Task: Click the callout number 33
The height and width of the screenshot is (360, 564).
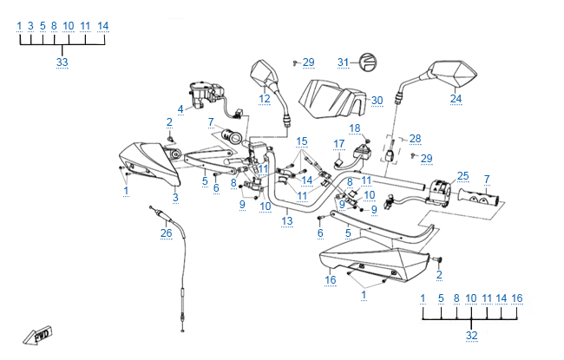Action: (62, 62)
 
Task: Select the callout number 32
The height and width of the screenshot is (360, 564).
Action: (471, 335)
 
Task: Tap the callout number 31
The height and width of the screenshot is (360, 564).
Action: (343, 62)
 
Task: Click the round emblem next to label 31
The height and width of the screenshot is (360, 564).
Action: (367, 62)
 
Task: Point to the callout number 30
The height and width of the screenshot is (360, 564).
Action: (377, 101)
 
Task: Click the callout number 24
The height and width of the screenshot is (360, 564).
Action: (456, 99)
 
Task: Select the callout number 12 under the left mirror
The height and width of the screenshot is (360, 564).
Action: (265, 100)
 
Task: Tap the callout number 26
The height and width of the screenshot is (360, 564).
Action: (166, 232)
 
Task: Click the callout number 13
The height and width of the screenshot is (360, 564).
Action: (286, 222)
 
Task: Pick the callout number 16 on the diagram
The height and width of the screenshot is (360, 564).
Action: (330, 280)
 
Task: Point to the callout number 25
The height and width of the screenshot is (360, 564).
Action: (462, 175)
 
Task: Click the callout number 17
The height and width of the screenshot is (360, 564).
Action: (339, 143)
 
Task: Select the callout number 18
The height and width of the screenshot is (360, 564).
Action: (354, 128)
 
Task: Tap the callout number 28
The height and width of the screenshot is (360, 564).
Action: (415, 139)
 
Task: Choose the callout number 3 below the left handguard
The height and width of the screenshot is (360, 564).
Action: (175, 198)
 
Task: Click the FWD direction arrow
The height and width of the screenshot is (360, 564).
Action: (42, 335)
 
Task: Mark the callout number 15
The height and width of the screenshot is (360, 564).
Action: (302, 141)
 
